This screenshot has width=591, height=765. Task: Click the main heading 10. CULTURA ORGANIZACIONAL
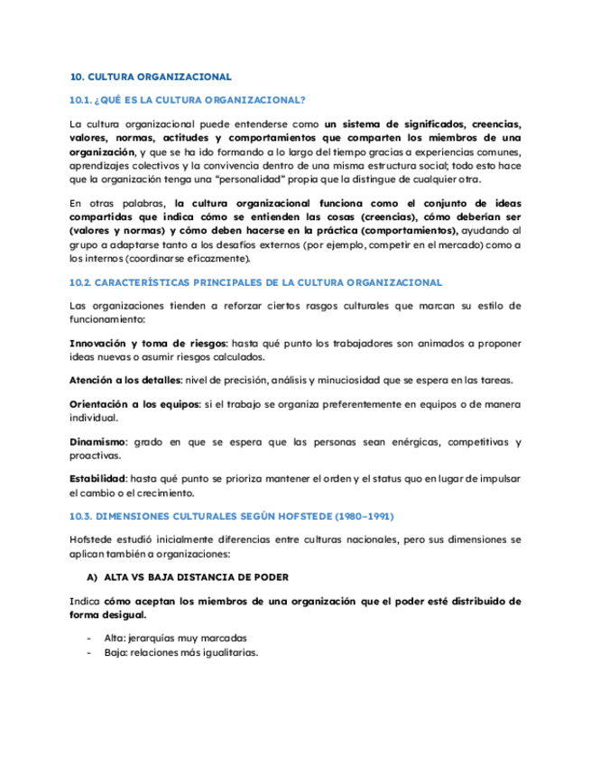[x=150, y=77]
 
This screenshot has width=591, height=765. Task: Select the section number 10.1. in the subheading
[x=82, y=99]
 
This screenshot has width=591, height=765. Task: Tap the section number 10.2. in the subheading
[x=82, y=282]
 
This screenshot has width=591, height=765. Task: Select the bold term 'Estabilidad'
[x=97, y=479]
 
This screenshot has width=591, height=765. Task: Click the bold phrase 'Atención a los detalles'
[x=125, y=381]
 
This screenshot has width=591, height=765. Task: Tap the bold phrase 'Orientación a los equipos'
[x=133, y=405]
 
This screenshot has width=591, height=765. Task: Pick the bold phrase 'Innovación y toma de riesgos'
[x=147, y=344]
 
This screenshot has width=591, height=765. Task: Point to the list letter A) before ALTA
[x=92, y=576]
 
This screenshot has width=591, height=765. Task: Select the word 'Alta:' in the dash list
[x=117, y=637]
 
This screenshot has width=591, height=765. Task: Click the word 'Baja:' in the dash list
[x=118, y=652]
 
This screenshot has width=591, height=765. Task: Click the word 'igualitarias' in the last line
[x=227, y=652]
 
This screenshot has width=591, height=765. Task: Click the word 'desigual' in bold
[x=125, y=614]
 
